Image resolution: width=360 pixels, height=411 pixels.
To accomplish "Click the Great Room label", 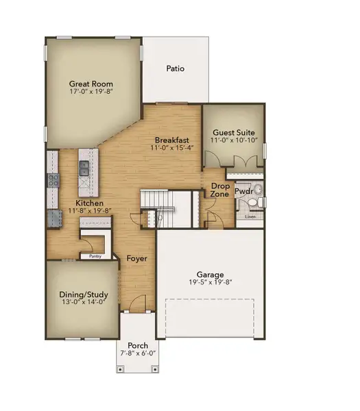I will point(90,84).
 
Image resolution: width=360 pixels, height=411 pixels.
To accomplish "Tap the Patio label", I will point(176,68).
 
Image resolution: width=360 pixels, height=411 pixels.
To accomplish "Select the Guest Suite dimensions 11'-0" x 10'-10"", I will point(234,140).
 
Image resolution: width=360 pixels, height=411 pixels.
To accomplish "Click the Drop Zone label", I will point(220,189).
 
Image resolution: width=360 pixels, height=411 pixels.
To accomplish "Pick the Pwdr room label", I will point(244,192).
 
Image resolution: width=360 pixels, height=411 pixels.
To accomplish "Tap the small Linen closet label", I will point(250,216).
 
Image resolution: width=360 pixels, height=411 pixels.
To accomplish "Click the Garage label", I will point(211,273).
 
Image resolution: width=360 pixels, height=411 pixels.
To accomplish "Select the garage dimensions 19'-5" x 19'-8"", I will point(211,282).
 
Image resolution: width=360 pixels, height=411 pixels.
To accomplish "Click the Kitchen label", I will point(89,203).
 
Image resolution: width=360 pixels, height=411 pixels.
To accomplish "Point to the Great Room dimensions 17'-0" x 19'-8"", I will point(90,92).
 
